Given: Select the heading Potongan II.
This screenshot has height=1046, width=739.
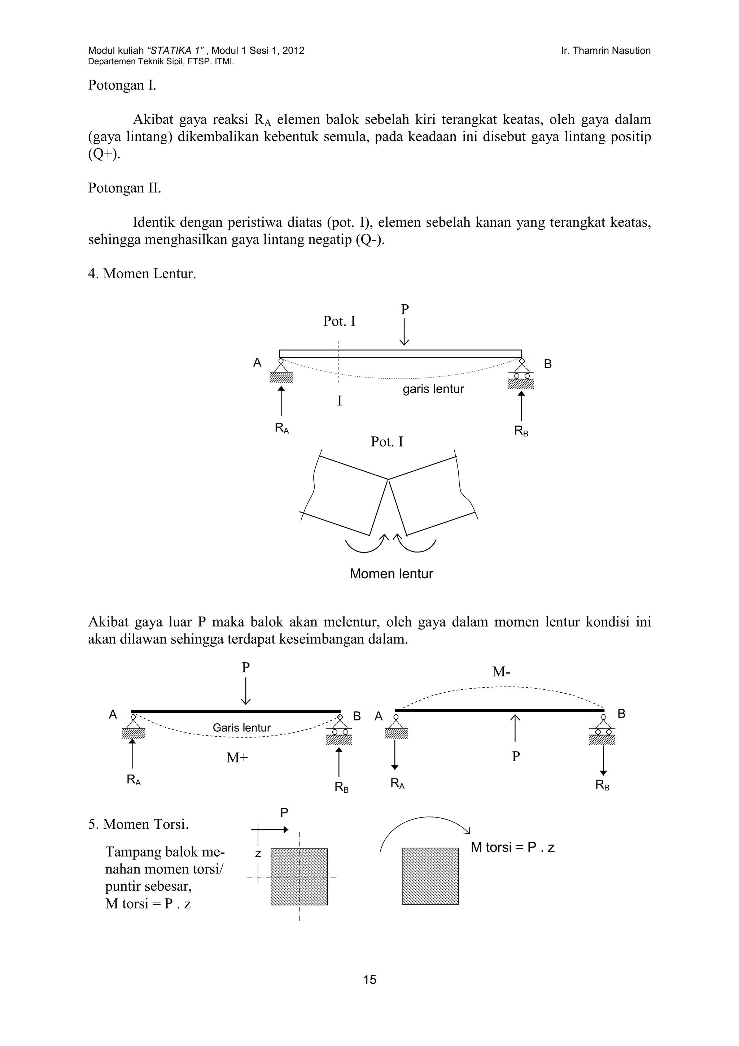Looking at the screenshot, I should tap(124, 188).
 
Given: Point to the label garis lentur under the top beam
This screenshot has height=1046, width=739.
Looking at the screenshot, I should tap(433, 389).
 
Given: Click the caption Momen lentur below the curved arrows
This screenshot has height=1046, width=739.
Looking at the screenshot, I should tap(391, 574).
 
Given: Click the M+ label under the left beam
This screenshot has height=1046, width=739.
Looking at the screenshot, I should tap(237, 758).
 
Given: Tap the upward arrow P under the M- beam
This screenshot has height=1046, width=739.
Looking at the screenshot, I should tap(515, 728).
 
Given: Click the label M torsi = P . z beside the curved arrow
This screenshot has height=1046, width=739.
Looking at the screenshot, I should tap(513, 847).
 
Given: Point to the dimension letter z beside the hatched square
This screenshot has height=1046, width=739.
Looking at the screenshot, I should tap(258, 854).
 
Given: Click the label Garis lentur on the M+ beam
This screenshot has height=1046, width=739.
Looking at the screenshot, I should tap(241, 728).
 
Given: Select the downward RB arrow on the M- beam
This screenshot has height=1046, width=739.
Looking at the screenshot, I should tap(603, 759).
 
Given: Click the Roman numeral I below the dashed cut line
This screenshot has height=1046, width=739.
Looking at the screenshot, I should tap(339, 401).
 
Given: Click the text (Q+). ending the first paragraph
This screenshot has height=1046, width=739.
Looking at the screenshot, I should tap(104, 154).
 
